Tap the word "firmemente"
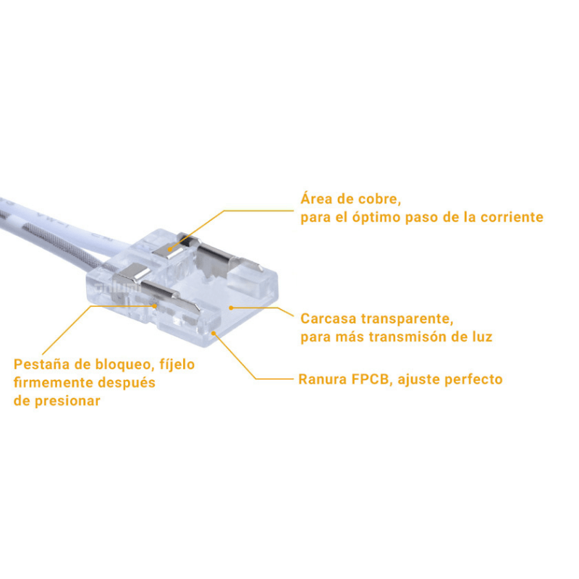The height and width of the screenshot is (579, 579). click(56, 382)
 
